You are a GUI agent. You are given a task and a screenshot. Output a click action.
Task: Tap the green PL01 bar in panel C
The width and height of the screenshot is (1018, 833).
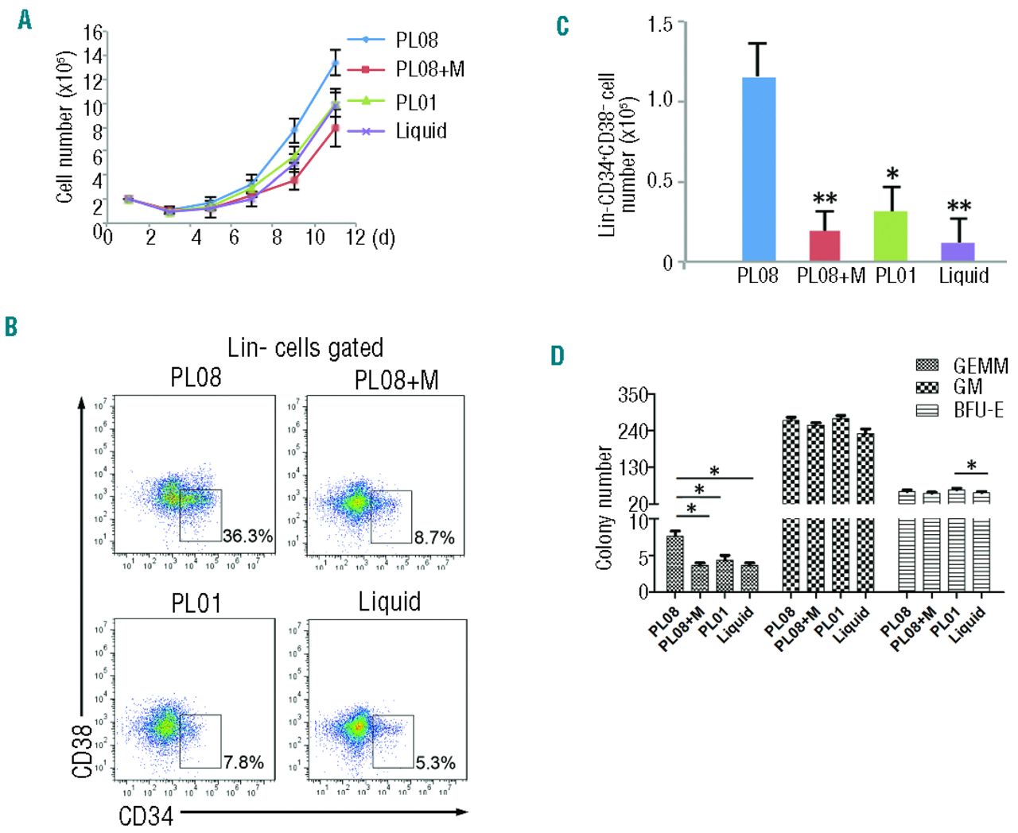891,236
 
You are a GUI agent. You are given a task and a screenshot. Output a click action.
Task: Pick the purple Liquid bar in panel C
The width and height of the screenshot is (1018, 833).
958,252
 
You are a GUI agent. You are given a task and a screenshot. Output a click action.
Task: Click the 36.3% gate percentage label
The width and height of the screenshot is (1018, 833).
247,536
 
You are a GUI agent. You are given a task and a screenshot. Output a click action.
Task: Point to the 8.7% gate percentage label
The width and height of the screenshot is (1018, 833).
434,538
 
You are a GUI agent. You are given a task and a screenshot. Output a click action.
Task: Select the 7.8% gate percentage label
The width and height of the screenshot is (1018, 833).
243,762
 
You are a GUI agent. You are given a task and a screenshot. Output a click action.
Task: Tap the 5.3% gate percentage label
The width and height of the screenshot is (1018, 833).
436,763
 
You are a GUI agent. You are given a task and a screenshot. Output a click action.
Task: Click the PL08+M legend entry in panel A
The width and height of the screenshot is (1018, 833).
429,70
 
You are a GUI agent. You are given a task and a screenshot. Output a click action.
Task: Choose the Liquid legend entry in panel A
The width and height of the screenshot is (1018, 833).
421,130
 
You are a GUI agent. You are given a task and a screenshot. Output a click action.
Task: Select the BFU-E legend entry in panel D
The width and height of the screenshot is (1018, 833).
978,410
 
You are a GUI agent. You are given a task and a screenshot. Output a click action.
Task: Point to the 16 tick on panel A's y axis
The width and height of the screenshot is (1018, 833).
93,33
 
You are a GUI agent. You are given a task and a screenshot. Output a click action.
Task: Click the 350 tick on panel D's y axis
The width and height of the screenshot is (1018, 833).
632,395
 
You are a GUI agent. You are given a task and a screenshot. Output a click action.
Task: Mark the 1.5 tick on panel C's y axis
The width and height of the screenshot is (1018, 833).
660,25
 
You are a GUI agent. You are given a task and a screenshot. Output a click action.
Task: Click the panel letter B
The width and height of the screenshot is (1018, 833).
11,327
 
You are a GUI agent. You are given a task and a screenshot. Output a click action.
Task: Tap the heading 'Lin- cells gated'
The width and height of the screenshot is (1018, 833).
305,347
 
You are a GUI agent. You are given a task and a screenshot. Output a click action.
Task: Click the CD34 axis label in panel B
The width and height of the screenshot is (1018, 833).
146,816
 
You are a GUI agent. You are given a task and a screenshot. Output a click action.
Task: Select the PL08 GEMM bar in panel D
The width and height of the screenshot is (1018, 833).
674,564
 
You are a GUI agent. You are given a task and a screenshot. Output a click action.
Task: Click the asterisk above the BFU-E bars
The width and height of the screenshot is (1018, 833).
971,466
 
